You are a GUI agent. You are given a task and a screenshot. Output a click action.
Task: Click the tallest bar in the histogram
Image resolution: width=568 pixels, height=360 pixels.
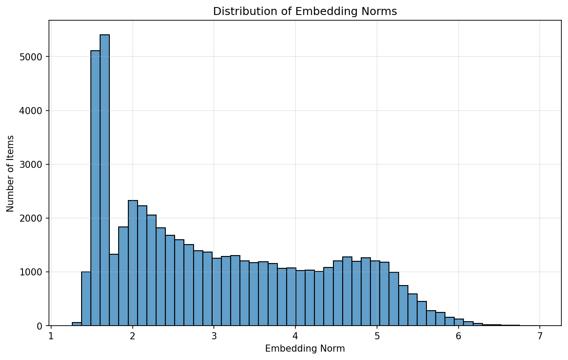pyautogui.click(x=105, y=180)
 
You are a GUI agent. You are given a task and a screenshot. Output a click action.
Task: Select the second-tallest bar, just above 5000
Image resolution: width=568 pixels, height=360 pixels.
pyautogui.click(x=95, y=188)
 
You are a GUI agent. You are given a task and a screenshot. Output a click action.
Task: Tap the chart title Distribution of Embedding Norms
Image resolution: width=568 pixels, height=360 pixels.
pyautogui.click(x=305, y=11)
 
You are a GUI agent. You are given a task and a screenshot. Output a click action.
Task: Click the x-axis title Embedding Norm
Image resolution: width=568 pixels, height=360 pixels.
pyautogui.click(x=305, y=349)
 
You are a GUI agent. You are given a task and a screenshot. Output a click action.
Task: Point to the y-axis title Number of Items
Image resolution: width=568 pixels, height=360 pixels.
pyautogui.click(x=10, y=173)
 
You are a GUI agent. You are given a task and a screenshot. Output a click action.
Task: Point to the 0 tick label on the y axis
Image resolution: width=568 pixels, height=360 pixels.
pyautogui.click(x=39, y=326)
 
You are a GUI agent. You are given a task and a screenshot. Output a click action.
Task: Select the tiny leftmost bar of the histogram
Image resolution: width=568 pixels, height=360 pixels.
pyautogui.click(x=77, y=324)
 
